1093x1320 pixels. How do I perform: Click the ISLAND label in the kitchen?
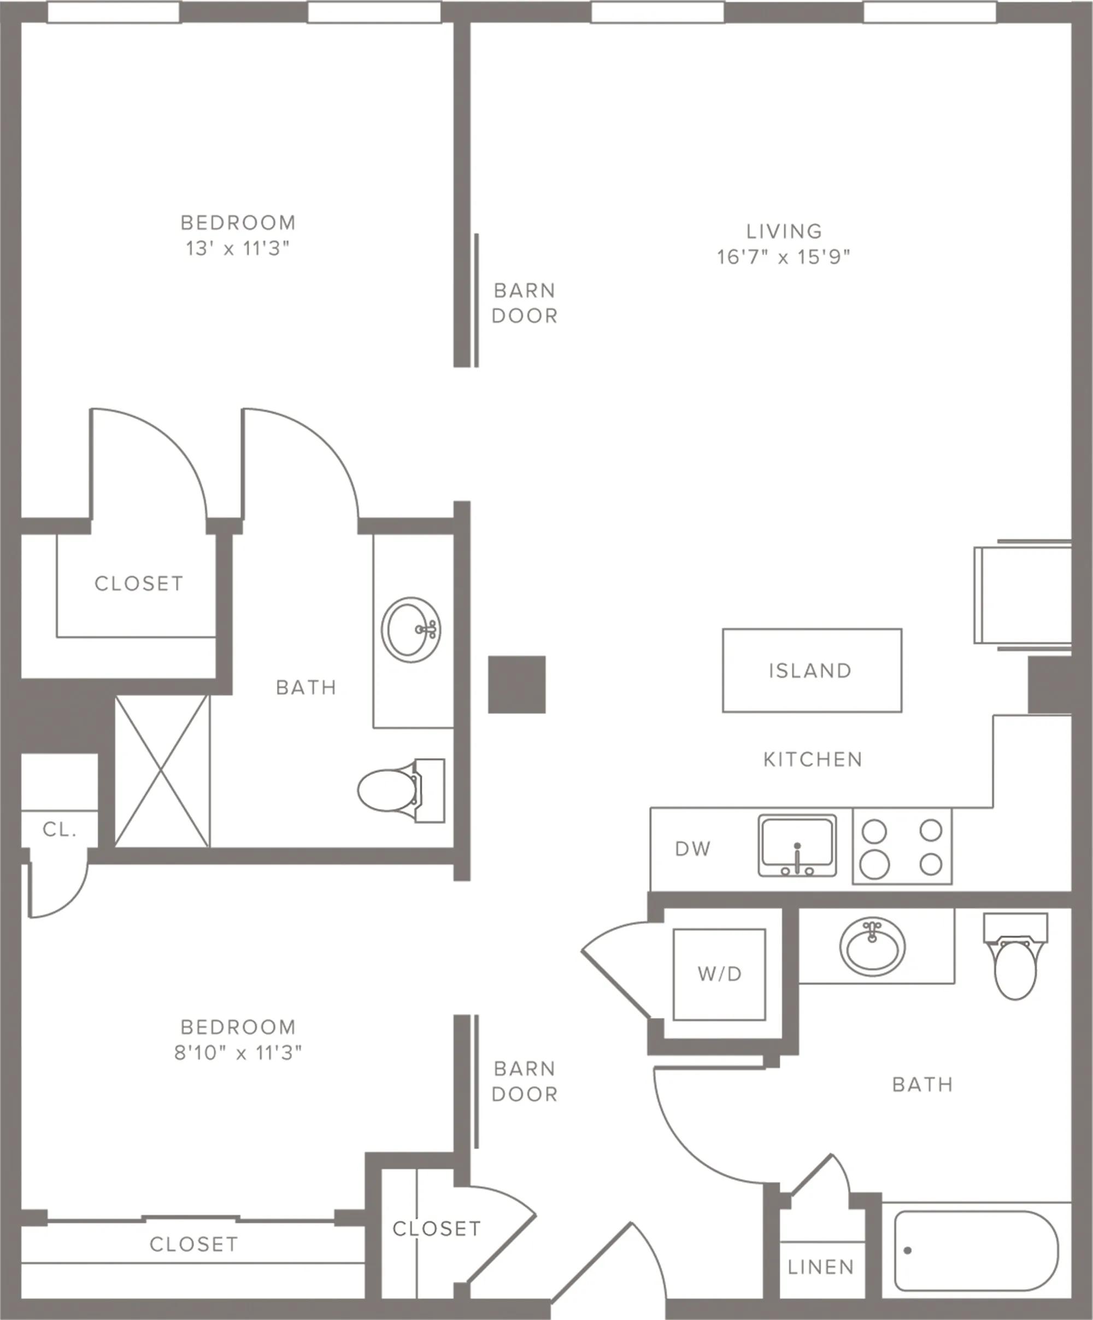coord(810,671)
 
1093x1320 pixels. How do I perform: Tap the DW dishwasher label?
coord(692,849)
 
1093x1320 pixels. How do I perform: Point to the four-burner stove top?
coord(902,847)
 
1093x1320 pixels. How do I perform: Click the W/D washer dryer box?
coord(719,974)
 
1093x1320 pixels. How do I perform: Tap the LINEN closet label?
coord(821,1267)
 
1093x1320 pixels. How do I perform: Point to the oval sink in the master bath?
coord(410,630)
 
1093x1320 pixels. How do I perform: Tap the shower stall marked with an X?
coord(162,771)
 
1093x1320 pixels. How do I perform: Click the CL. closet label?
coord(60,830)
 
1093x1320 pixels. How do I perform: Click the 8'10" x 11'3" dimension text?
coord(238,1053)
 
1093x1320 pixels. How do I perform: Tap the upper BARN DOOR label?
coord(525,303)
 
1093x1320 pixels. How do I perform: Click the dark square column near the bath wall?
coord(517,685)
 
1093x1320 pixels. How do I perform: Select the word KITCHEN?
coord(813,759)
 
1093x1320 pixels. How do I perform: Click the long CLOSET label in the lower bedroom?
coord(193,1244)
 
